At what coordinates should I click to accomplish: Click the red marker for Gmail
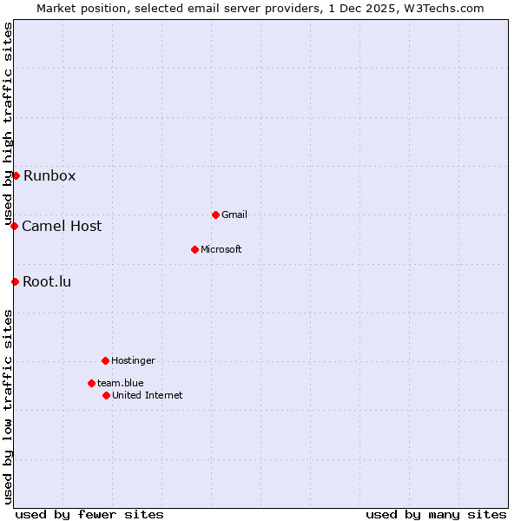tap(215, 214)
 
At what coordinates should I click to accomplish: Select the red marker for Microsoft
tap(195, 249)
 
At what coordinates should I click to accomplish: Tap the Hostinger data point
tap(105, 360)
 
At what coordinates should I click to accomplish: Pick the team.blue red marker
tap(91, 383)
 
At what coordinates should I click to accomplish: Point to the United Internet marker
tap(106, 395)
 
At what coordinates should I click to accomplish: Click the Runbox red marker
tap(16, 175)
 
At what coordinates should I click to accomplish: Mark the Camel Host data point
tap(14, 226)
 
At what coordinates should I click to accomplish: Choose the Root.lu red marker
tap(15, 281)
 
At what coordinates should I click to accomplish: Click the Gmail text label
tap(234, 214)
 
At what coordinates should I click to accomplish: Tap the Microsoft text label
tap(221, 249)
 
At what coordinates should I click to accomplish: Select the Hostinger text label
tap(133, 360)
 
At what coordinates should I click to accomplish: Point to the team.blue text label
tap(121, 383)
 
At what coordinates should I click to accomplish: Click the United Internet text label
tap(148, 395)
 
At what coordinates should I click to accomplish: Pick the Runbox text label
tap(49, 175)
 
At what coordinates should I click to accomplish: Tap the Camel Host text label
tap(62, 226)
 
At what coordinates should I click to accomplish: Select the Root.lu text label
tap(47, 281)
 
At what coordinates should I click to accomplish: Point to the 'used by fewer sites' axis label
tap(89, 514)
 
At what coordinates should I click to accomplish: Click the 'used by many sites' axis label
tap(436, 514)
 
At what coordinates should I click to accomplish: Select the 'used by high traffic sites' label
tap(8, 124)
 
